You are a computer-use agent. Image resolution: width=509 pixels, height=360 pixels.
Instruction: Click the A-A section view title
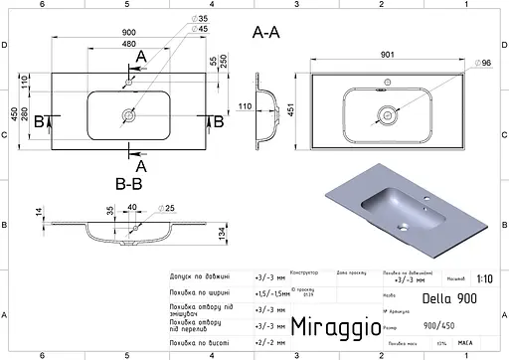[x=268, y=33]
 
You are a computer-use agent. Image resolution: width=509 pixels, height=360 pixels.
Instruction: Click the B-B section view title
[x=129, y=183]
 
